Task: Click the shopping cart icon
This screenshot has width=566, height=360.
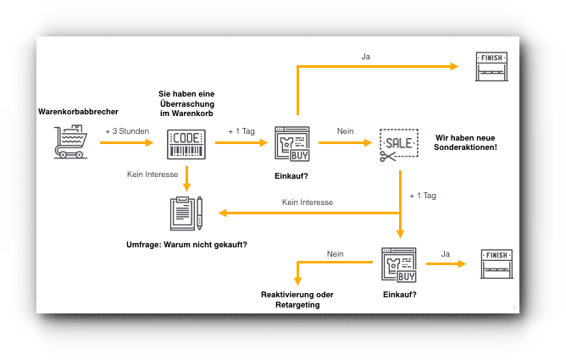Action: (x=70, y=142)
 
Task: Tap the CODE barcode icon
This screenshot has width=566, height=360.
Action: (x=186, y=142)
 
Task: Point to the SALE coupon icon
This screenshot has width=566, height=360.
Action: (x=399, y=142)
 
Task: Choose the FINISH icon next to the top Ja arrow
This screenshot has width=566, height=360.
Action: (x=492, y=67)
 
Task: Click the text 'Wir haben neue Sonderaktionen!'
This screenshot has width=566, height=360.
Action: (x=465, y=144)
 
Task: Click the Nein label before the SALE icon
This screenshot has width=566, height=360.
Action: (x=345, y=131)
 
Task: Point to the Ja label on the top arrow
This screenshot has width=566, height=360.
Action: (x=366, y=58)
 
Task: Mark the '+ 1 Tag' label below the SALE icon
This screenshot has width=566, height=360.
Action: (x=422, y=196)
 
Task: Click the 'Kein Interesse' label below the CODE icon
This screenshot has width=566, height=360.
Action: (x=153, y=173)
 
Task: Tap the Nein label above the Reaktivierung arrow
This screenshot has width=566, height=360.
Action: (x=335, y=253)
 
